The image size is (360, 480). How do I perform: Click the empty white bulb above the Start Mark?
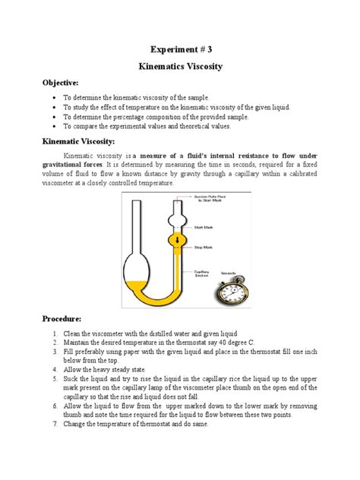pos(177,213)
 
